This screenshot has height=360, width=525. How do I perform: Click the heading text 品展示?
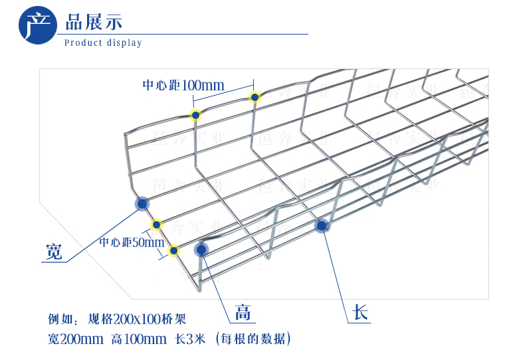point(94,21)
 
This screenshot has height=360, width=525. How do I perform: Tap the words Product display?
point(103,43)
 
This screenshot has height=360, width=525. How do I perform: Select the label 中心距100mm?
point(183,85)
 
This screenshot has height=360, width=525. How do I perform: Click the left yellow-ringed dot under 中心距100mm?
point(195,116)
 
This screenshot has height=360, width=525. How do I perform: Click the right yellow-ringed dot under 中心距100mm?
point(254,98)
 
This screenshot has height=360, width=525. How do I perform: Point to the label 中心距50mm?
point(131,242)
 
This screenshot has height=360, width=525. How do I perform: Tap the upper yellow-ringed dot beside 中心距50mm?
point(157,225)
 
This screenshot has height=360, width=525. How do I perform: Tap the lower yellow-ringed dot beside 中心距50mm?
point(174,250)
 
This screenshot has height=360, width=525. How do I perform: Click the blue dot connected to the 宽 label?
point(142,203)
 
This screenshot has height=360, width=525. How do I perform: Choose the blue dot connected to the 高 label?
point(201,250)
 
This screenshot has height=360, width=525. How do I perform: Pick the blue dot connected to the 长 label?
point(322,226)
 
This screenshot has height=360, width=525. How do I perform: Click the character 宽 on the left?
point(54,252)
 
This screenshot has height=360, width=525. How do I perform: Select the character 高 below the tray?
point(243,312)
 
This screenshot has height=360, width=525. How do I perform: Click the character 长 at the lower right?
point(360,313)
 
